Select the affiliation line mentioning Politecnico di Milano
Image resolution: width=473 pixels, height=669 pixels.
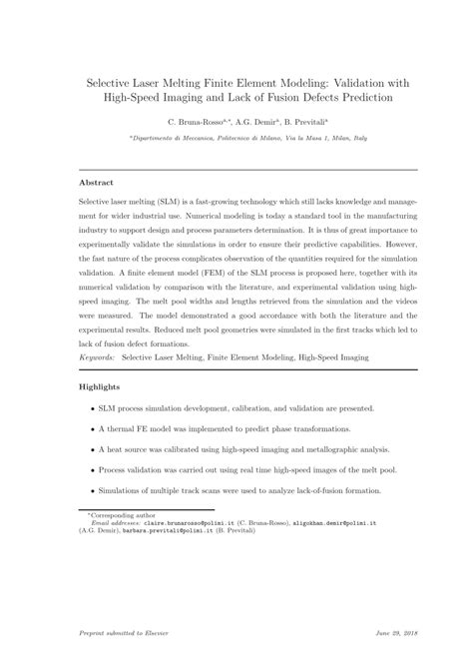coord(236,136)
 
